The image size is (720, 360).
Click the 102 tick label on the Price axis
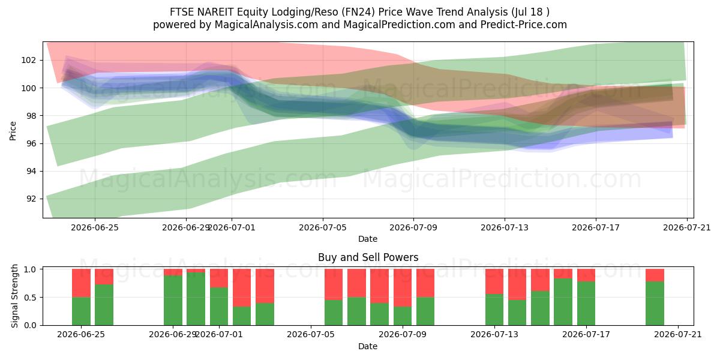click(x=28, y=61)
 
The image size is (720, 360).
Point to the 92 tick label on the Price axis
click(x=31, y=199)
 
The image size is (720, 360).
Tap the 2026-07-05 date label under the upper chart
click(x=323, y=228)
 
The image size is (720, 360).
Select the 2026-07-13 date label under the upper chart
click(x=505, y=228)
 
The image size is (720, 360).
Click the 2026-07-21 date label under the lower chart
click(x=678, y=335)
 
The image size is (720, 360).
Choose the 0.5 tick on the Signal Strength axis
click(x=30, y=298)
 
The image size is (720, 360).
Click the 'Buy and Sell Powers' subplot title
click(x=368, y=257)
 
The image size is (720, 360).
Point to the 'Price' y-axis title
click(x=13, y=131)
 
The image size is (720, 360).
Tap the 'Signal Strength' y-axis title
click(x=14, y=296)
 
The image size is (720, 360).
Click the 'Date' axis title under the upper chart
click(x=368, y=239)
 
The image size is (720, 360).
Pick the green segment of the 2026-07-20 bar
click(x=655, y=304)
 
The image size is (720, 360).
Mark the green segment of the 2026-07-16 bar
click(x=563, y=302)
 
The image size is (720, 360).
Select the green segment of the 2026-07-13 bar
click(x=494, y=310)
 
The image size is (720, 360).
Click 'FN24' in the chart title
click(x=358, y=12)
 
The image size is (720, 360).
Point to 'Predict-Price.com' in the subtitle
click(x=524, y=25)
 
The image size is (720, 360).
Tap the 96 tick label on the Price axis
click(x=31, y=143)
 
